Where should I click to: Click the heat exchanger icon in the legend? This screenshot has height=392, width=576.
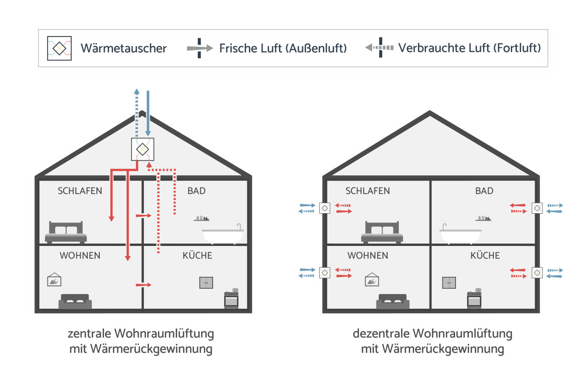point(60,49)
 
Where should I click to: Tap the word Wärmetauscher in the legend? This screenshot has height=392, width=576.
point(124,48)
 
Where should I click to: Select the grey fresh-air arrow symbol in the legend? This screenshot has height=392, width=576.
point(200,48)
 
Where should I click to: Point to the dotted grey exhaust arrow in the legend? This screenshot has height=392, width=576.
point(380,48)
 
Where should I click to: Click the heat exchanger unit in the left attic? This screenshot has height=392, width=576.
point(143,149)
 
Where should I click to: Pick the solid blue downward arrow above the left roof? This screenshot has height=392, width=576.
point(148,113)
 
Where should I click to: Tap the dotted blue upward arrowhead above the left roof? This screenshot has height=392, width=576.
point(137,91)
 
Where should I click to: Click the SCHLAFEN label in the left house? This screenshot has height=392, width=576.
point(80,191)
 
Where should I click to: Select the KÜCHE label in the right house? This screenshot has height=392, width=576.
point(485,256)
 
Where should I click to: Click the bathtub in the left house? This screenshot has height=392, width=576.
point(223,234)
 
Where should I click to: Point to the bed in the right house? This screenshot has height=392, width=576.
point(382,232)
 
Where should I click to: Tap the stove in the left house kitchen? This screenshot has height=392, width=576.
point(231,299)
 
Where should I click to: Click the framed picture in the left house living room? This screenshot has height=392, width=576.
point(54,280)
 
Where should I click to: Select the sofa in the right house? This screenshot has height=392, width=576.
point(393,301)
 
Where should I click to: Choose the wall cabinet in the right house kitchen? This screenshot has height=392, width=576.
point(449,282)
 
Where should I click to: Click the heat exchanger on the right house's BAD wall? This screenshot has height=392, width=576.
point(537,208)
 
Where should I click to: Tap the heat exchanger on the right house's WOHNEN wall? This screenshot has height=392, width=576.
point(325,272)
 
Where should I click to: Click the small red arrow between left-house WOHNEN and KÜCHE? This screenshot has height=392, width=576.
point(144,285)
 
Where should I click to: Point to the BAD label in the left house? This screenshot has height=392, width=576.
point(196,191)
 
